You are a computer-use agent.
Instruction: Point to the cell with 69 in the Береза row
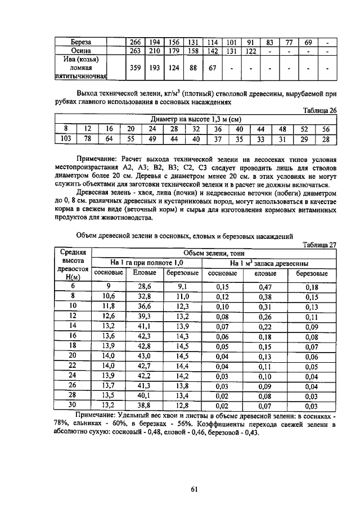pos(308,42)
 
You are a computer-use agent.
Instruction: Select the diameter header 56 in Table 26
pos(326,129)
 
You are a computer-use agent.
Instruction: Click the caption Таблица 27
pos(319,244)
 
